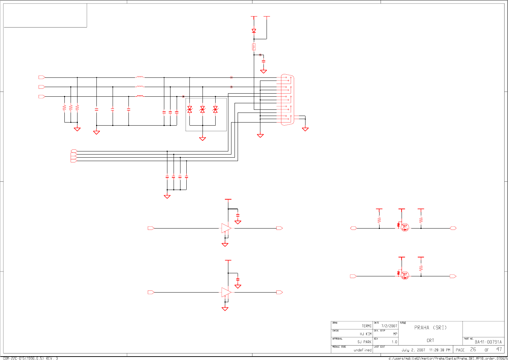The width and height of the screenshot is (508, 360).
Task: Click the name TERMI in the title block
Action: point(366,326)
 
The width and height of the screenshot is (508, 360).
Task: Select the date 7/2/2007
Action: point(389,326)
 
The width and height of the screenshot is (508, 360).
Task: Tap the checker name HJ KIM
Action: point(366,334)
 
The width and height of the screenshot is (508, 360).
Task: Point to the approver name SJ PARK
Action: point(364,342)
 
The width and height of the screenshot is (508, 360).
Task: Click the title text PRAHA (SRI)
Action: point(431,328)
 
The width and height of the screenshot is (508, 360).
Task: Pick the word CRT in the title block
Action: point(431,341)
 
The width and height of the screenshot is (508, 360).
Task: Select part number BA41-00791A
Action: point(488,342)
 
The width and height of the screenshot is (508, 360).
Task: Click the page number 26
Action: point(473,350)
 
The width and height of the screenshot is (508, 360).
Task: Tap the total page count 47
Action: point(499,350)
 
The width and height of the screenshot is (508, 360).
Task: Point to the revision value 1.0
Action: point(394,342)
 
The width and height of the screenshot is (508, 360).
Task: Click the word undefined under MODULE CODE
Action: point(363,350)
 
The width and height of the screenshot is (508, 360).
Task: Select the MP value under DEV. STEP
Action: point(395,334)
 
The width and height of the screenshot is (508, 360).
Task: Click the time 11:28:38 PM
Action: point(439,350)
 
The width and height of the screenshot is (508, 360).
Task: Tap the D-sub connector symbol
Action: point(287,99)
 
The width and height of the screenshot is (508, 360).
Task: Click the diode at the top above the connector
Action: point(254,31)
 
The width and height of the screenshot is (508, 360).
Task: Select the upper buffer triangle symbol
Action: point(226,228)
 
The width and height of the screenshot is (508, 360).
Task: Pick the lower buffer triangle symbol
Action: point(226,292)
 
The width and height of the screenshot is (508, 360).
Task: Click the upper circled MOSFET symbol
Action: point(405,227)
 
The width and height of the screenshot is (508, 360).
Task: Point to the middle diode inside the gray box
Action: point(203,109)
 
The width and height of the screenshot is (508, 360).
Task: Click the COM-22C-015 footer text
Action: point(31,358)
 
